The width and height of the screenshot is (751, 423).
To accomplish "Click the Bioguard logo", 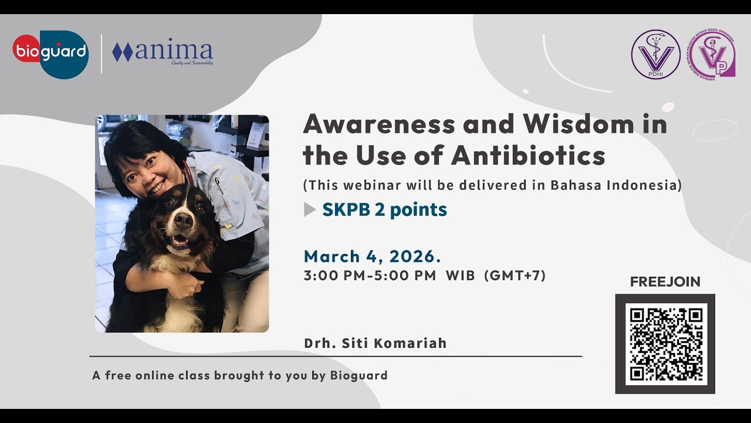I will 50,53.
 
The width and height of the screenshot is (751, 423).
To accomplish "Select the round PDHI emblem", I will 655,55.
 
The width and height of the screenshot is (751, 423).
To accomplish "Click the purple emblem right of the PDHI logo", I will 712,55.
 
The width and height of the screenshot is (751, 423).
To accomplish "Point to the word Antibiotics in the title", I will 528,156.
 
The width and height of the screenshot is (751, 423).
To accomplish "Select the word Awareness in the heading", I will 379,124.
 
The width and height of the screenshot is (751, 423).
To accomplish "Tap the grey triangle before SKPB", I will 309,210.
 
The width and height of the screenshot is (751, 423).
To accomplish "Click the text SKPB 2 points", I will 384,210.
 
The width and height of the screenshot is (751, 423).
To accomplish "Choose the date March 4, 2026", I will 372,257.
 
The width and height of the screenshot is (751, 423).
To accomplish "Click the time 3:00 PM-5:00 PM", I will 370,276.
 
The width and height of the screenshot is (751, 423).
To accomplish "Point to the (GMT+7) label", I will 515,276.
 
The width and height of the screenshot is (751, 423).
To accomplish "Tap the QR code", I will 665,343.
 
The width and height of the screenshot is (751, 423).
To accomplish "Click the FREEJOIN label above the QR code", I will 665,282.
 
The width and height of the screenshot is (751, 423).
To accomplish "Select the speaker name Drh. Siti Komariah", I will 375,343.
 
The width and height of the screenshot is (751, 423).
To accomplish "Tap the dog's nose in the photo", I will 183,221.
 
